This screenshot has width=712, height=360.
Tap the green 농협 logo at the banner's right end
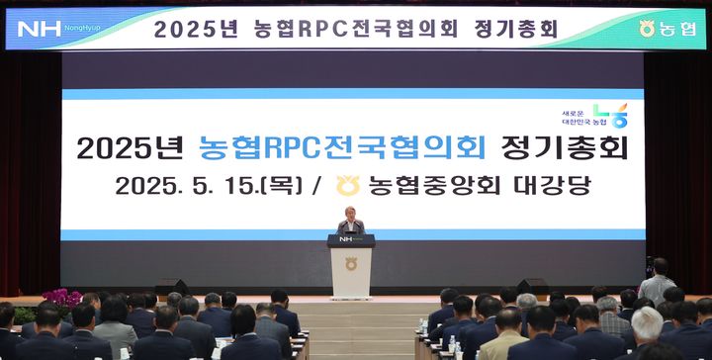pos(667,29)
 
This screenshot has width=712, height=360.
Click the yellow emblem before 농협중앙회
pos(347,185)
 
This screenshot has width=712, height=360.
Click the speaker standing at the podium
pos(350,222)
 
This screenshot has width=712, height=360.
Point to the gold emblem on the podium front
pos(351,264)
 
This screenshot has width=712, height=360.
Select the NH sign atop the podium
pos(351,239)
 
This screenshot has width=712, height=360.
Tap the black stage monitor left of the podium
pos(170,286)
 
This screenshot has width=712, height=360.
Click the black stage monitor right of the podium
pos(531,286)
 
